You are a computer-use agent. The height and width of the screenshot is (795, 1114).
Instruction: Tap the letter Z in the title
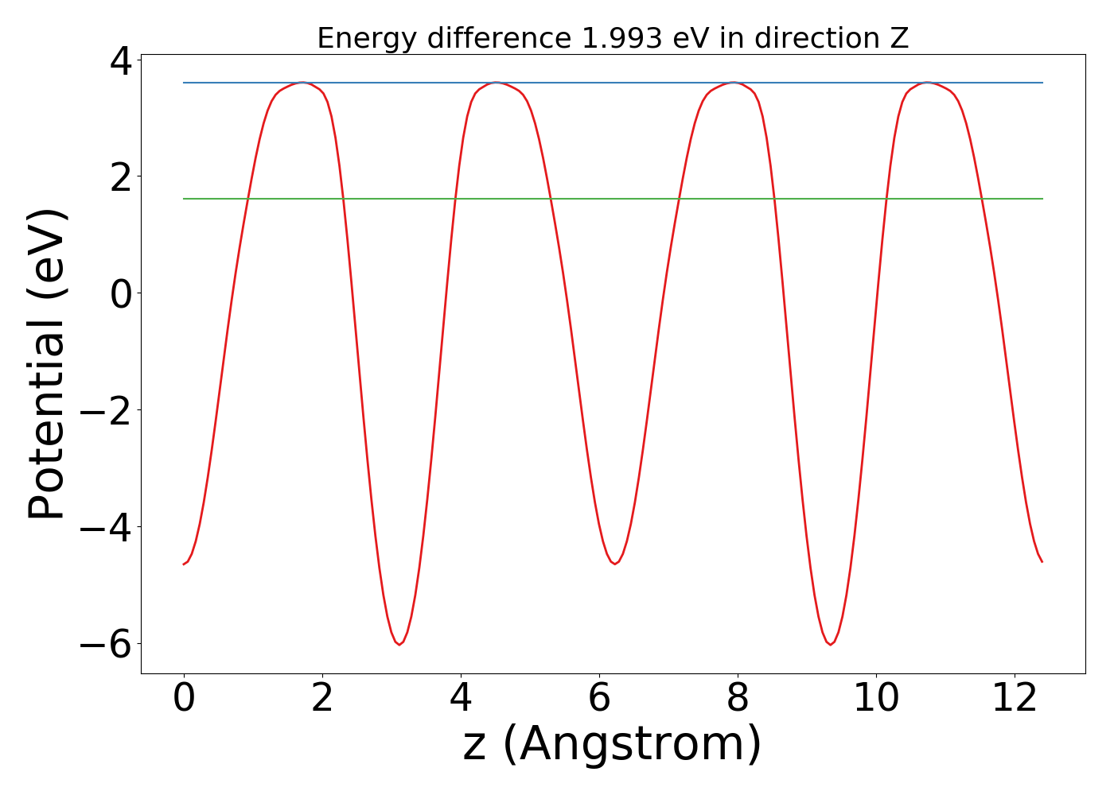pos(899,38)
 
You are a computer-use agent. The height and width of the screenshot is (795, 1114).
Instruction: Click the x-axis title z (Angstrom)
pos(612,745)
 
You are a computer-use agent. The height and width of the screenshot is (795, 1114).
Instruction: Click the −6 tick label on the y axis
pos(105,645)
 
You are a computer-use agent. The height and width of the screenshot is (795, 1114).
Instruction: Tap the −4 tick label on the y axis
pos(105,528)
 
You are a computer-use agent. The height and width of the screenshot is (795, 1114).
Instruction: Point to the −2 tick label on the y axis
pos(105,411)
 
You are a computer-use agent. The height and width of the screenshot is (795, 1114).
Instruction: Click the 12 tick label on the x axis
pos(1015,699)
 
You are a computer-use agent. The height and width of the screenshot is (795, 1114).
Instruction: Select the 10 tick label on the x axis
pos(876,699)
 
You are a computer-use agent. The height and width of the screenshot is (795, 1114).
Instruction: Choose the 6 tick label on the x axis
pos(599,699)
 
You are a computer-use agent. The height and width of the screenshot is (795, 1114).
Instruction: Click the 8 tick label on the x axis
pos(738,699)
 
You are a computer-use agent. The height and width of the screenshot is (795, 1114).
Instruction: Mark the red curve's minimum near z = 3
pos(399,645)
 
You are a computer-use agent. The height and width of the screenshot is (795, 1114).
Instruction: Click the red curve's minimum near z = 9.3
pos(830,645)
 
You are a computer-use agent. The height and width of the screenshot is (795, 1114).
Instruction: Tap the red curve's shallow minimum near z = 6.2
pos(614,564)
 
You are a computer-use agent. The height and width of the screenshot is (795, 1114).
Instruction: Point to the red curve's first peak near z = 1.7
pos(302,83)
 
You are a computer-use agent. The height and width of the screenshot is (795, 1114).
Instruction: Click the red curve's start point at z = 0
pos(184,564)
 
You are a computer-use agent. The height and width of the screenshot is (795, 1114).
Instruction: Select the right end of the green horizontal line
pos(1042,199)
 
